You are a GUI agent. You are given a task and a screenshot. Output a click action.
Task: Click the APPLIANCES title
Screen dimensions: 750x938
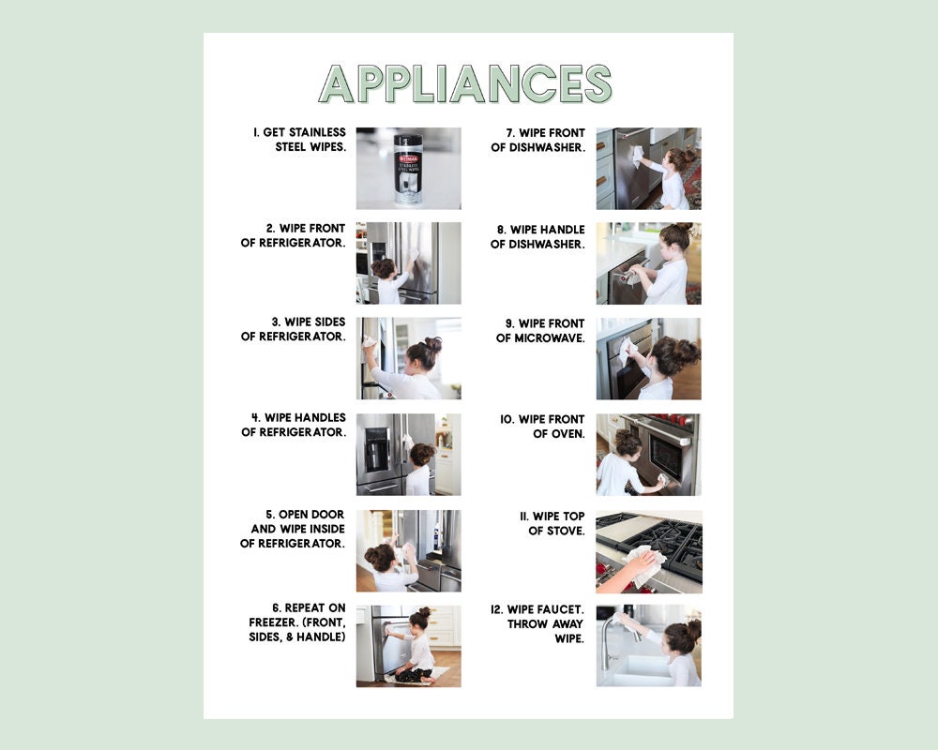point(465,83)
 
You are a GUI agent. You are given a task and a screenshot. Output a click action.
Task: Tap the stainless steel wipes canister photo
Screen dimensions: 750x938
point(408,169)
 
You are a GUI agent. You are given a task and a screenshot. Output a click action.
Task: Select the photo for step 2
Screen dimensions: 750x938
point(408,263)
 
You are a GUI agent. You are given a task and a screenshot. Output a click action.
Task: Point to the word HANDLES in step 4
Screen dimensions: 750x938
point(316,417)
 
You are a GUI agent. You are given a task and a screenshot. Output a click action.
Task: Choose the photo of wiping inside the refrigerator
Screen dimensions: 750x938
point(408,550)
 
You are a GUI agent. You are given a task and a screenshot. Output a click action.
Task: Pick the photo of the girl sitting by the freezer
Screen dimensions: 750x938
point(408,646)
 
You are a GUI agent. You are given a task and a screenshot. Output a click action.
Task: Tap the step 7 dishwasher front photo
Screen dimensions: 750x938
point(648,169)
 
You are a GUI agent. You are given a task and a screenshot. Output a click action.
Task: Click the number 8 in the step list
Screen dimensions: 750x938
point(502,230)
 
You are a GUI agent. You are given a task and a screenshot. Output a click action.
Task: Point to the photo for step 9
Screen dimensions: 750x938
point(648,359)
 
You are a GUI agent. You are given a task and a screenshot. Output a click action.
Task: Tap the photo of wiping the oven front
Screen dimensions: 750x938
point(648,455)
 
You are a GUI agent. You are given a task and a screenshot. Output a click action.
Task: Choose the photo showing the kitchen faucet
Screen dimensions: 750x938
point(648,646)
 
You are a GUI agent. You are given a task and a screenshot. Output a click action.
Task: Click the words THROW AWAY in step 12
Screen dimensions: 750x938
point(546,623)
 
